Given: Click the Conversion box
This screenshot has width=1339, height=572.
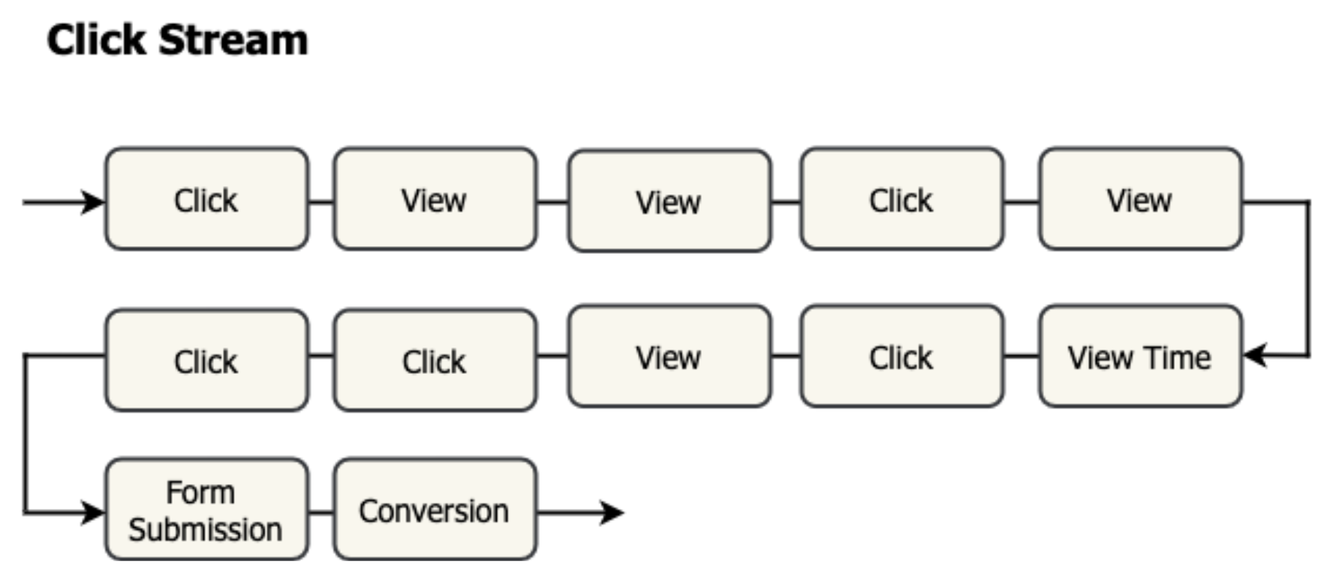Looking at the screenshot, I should pos(435,510).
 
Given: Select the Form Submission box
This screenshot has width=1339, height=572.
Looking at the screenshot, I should pos(206,510).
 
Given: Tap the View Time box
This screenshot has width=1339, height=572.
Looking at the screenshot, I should pos(1140,357).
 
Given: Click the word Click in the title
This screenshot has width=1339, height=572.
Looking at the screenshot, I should pos(96,40).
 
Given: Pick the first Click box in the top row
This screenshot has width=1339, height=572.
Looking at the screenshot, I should pos(206,200).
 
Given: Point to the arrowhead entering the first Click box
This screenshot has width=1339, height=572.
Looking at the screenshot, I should pos(95,202).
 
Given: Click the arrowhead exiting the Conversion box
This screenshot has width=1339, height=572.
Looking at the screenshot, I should pos(612,513).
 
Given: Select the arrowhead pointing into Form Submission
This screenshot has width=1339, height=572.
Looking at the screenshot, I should pos(95,513).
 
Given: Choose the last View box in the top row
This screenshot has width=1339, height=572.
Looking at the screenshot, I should pos(1140,200).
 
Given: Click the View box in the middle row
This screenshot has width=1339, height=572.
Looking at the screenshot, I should pos(669,357).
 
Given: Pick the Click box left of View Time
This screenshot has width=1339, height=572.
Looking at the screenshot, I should pos(901,357).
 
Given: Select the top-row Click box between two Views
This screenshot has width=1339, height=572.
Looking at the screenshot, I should pos(901,200).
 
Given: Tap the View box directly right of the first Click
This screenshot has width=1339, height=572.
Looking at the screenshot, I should pos(435,200).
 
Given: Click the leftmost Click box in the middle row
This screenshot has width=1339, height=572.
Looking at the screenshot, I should pos(206,360).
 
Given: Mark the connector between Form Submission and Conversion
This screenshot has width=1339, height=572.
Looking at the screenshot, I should pos(321,513).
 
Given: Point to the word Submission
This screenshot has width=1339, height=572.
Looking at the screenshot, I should pos(205,530).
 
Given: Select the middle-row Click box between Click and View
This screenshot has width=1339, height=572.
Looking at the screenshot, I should pos(435,360).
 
